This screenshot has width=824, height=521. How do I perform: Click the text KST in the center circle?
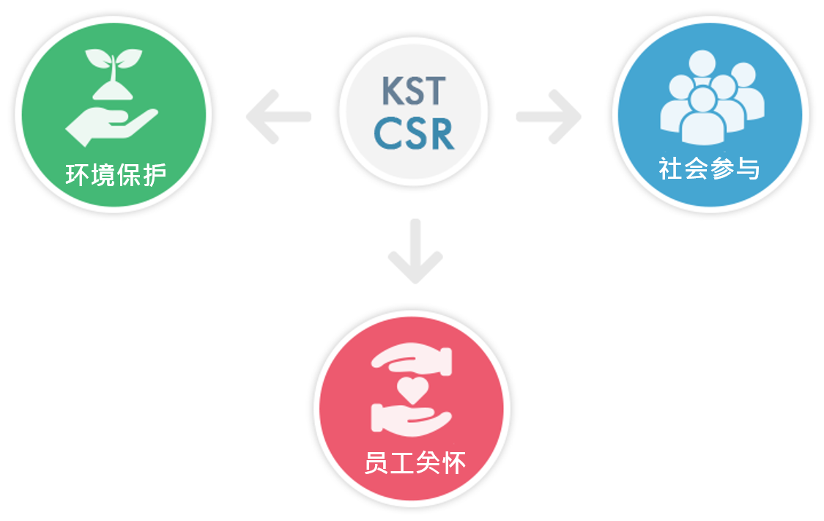[x=413, y=90]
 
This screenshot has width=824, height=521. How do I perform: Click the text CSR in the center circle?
[x=414, y=133]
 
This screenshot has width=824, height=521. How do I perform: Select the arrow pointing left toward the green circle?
[x=278, y=116]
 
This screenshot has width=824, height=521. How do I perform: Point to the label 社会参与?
[x=709, y=169]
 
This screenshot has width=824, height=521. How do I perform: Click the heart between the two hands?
[x=412, y=388]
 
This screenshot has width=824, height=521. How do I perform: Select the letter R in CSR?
[x=439, y=133]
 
